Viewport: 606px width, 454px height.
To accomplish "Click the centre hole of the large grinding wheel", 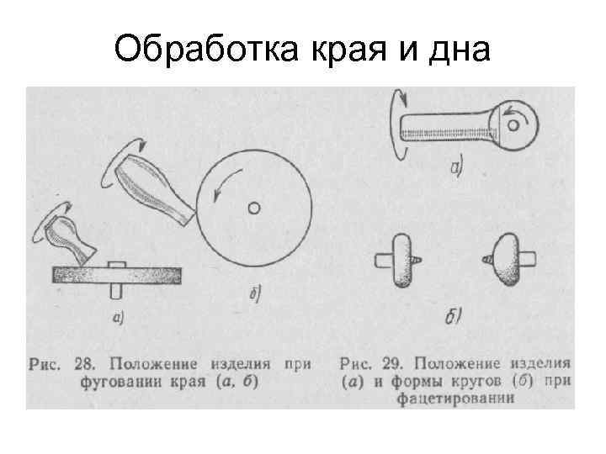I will [253, 206].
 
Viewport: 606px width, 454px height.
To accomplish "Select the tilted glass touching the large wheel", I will [156, 190].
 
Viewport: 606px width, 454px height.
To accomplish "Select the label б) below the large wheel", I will [256, 293].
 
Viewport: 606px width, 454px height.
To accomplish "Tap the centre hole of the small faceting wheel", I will [513, 125].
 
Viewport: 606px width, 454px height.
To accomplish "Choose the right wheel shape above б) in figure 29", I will [508, 261].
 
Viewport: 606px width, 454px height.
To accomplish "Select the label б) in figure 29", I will [454, 317].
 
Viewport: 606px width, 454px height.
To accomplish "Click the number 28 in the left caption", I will [83, 365].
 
